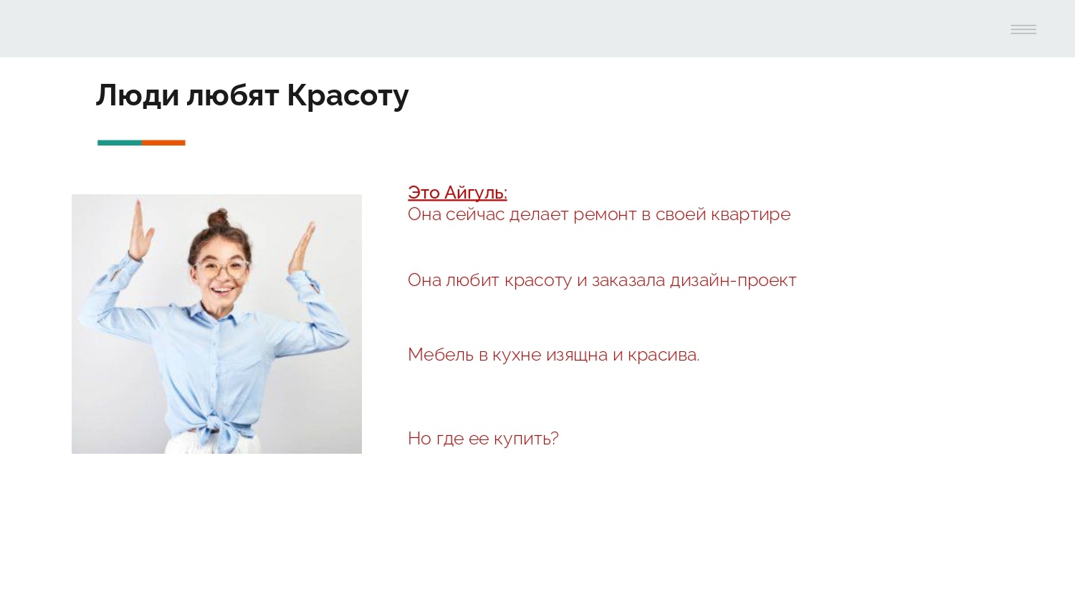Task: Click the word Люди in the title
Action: pos(137,95)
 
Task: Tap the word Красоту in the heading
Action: pos(348,95)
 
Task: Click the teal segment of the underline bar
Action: pos(120,143)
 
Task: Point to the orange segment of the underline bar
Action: pos(163,143)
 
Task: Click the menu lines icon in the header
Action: pos(1023,29)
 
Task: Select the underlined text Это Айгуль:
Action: pos(457,193)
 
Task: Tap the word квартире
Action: pos(750,214)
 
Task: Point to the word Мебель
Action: pos(440,355)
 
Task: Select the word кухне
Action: pos(516,355)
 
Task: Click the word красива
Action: pos(663,355)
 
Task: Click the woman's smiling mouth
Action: pos(223,292)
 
